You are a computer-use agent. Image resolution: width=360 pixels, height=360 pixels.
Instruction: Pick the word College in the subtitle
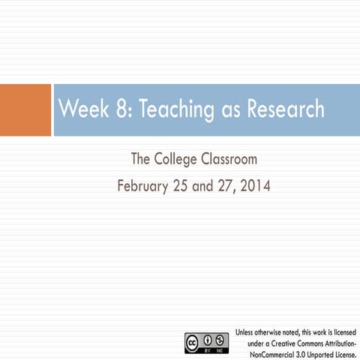click(x=180, y=159)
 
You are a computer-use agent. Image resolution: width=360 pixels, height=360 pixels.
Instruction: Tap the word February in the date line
click(x=147, y=184)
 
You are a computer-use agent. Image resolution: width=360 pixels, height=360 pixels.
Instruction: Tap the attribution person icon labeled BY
click(x=209, y=338)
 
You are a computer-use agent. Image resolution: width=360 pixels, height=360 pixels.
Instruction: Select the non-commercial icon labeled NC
click(x=221, y=338)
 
